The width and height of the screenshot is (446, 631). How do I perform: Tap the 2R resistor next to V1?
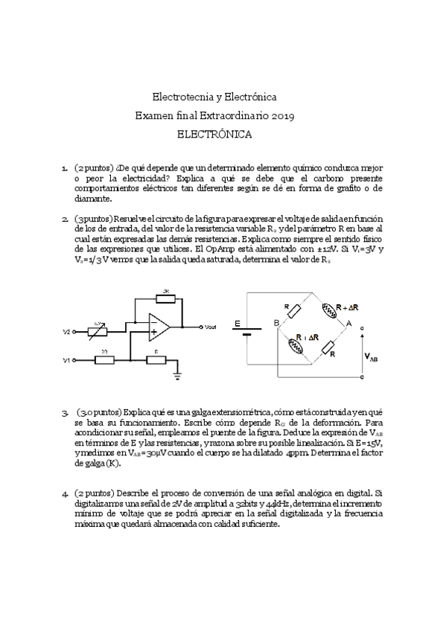(x=104, y=360)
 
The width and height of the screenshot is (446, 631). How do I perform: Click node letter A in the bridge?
(x=348, y=322)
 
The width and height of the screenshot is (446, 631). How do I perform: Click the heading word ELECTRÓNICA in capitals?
(x=214, y=135)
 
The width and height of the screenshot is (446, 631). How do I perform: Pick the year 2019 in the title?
(x=283, y=116)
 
